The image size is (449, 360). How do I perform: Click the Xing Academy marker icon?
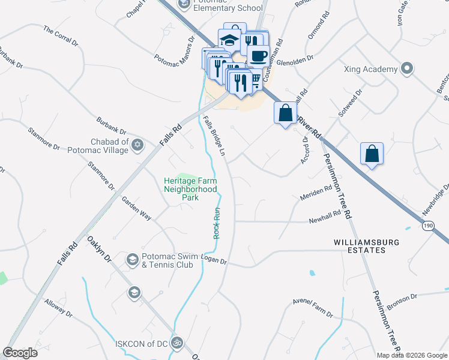tap(408, 68)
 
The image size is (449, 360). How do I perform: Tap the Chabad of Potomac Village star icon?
tap(137, 145)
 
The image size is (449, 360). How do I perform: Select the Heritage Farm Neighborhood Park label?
tap(190, 188)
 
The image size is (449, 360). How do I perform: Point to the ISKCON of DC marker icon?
tap(176, 343)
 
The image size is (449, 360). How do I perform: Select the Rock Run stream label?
tap(217, 223)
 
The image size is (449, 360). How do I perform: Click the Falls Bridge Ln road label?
tap(214, 137)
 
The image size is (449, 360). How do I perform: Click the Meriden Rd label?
tap(316, 193)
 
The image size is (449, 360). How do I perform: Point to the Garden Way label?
tap(137, 206)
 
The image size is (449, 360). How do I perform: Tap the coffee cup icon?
tap(258, 56)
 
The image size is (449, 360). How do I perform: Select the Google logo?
tap(20, 353)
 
